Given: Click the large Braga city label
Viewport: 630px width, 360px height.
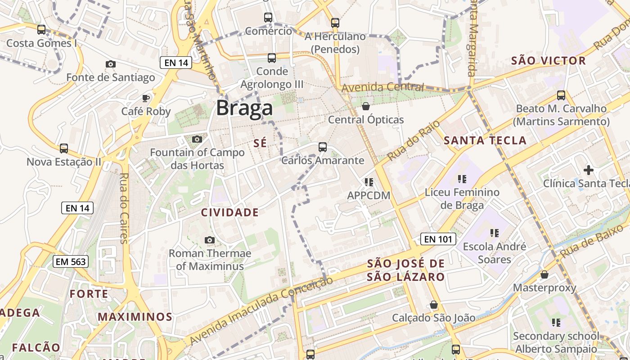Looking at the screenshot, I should [x=244, y=108].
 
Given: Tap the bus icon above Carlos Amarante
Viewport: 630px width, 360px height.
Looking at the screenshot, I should [x=322, y=147].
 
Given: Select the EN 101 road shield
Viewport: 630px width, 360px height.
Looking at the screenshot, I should [x=438, y=239].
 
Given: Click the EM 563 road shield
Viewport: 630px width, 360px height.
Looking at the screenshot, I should [x=70, y=261].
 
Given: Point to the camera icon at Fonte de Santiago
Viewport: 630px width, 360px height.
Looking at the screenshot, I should [x=110, y=64].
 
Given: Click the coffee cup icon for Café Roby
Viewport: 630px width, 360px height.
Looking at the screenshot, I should [x=146, y=98].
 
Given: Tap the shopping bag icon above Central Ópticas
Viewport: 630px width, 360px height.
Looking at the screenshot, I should [x=365, y=106].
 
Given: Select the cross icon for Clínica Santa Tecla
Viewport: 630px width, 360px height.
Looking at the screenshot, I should [x=588, y=170].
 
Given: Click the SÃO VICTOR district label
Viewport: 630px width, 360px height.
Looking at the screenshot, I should [x=549, y=61].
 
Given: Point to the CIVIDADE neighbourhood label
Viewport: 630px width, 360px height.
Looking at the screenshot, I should [x=229, y=212].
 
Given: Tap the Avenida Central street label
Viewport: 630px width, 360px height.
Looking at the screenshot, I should [x=382, y=87].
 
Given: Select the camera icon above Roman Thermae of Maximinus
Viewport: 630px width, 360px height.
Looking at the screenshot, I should [x=209, y=240].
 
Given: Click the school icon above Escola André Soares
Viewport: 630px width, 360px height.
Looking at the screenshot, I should [x=494, y=233].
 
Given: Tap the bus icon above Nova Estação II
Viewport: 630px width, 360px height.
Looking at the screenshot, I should [x=64, y=148].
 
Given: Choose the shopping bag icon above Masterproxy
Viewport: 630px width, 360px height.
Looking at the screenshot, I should [x=544, y=274].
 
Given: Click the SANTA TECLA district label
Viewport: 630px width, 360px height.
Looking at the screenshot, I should [x=485, y=140].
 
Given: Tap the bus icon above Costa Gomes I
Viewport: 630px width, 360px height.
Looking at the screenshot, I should [x=41, y=30].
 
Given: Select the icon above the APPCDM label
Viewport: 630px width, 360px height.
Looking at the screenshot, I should [x=369, y=182].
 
